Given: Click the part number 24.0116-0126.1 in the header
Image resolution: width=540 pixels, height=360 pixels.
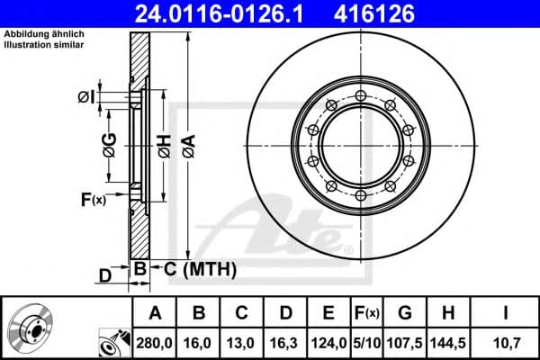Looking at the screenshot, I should click(218, 13).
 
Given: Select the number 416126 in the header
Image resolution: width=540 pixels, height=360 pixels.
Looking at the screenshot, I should click(388, 13).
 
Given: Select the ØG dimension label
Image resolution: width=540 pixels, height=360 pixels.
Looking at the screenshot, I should click(109, 145).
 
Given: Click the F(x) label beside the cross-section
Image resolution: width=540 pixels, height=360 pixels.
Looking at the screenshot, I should click(93, 199).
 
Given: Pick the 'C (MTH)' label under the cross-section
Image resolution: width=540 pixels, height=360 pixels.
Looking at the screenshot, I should click(194, 268).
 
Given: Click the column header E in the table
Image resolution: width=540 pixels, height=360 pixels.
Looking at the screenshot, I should click(328, 314).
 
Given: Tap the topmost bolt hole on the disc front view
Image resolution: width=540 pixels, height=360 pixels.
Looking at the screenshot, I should click(360, 96).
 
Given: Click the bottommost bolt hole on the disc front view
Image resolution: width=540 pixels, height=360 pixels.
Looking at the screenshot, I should click(360, 193).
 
